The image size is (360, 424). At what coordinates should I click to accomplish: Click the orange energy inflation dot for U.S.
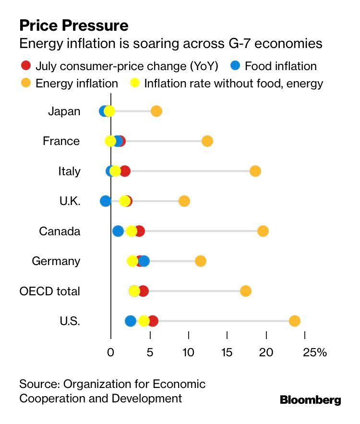295,321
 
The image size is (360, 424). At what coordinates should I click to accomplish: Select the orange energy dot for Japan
156,111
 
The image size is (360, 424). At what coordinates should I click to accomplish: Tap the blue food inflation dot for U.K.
106,201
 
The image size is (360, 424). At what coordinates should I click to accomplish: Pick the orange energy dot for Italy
255,171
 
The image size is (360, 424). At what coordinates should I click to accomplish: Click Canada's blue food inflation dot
118,231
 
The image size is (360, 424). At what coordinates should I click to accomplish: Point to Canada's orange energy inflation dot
263,231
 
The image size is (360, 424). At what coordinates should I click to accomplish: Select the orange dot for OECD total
246,291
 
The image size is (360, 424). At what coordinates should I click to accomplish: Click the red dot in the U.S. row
153,321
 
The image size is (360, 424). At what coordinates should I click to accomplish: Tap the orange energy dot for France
207,141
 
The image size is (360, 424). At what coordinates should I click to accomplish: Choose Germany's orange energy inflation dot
201,261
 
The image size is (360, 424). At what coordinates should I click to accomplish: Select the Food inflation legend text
281,66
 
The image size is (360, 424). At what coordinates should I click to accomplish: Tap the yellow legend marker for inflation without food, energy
135,83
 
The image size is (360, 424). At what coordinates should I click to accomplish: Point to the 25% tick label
314,352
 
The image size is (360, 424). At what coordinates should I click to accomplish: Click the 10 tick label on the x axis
188,352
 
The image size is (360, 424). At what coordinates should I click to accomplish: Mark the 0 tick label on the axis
111,352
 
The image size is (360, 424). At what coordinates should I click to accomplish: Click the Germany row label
56,261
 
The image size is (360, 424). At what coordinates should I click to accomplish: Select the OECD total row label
49,291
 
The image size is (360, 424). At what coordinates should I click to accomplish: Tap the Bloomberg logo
310,400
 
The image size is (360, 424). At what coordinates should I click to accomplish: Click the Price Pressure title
73,25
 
